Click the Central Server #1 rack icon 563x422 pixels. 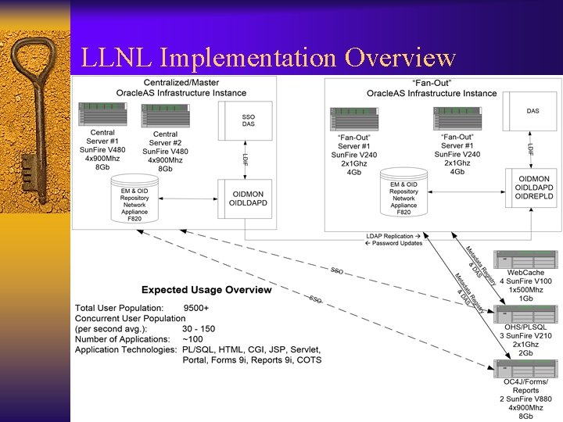tap(102, 115)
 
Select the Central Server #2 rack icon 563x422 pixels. tap(165, 115)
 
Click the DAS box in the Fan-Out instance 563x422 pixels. tap(533, 112)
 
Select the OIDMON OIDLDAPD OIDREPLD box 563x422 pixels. tap(533, 190)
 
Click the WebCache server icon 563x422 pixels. tap(525, 260)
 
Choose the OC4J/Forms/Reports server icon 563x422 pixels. tap(525, 369)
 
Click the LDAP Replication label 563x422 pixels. tap(393, 235)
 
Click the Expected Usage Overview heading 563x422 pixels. tap(206, 290)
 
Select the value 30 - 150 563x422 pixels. tap(198, 329)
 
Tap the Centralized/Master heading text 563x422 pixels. tap(181, 82)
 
